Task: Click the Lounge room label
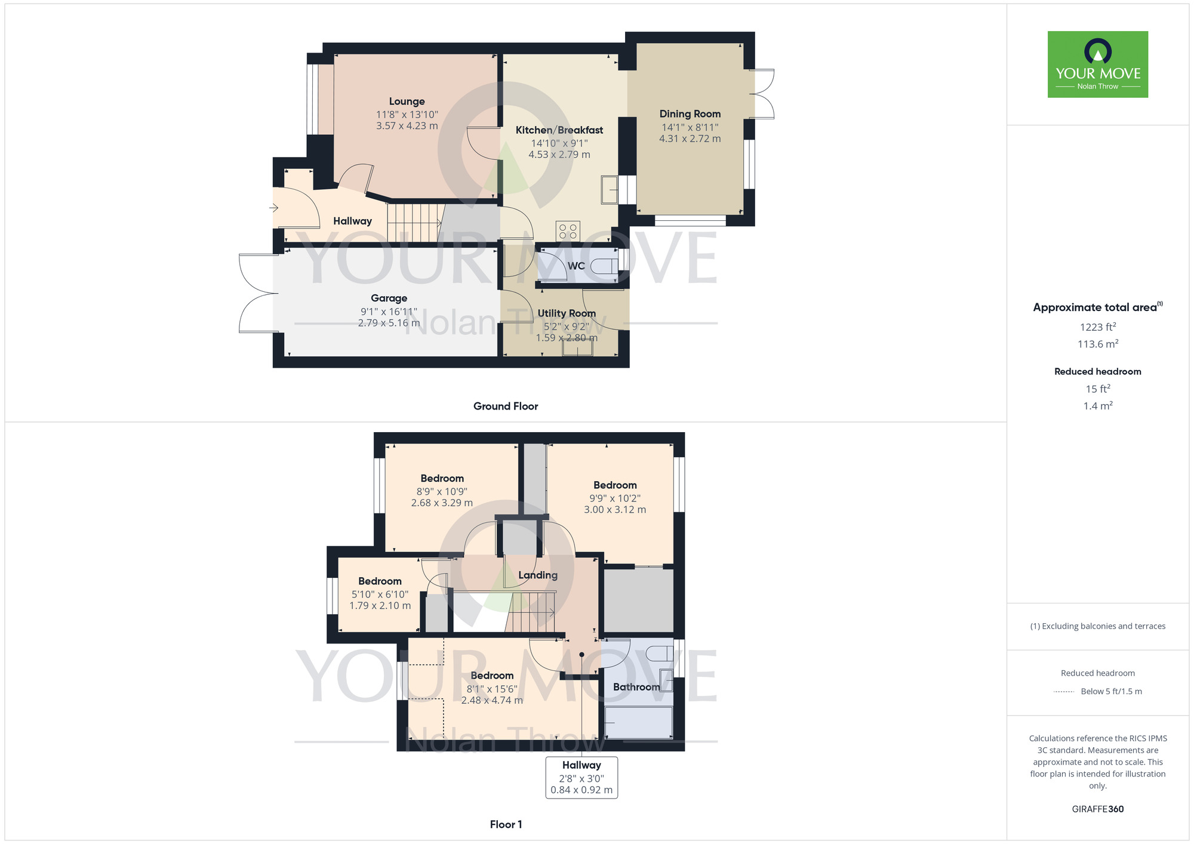click(x=407, y=101)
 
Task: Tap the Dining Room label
click(x=690, y=114)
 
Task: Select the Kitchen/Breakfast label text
click(x=559, y=130)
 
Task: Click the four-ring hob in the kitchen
click(x=568, y=231)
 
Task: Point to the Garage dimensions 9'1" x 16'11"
click(x=389, y=311)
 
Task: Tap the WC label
click(x=576, y=266)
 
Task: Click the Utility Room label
click(x=567, y=313)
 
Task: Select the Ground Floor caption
click(x=506, y=406)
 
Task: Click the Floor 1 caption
click(x=506, y=824)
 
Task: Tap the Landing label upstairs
click(x=538, y=575)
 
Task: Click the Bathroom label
click(x=636, y=687)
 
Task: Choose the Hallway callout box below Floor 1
click(x=581, y=778)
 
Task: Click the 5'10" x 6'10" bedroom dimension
click(x=380, y=595)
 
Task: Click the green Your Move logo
click(x=1098, y=64)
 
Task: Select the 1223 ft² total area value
click(x=1098, y=327)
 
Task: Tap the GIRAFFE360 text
click(x=1098, y=809)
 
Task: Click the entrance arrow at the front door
click(x=274, y=208)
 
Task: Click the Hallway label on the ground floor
click(x=352, y=221)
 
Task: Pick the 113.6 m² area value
click(x=1098, y=344)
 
